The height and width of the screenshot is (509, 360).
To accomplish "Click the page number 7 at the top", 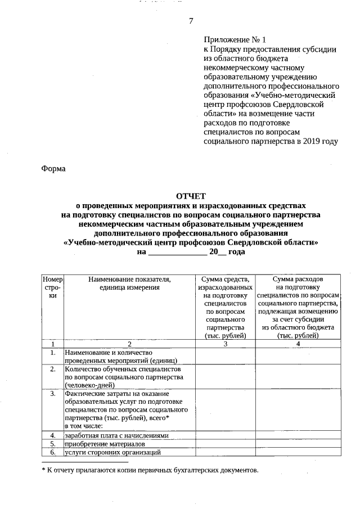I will (191, 21).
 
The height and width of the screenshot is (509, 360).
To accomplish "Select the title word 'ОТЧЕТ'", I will (191, 196).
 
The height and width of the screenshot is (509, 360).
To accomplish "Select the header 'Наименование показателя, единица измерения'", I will (129, 283).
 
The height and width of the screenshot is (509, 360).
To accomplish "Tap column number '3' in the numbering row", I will (225, 343).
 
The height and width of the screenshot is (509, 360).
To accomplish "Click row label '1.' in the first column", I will (52, 353).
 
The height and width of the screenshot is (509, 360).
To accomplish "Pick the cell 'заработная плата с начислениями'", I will (116, 435).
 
